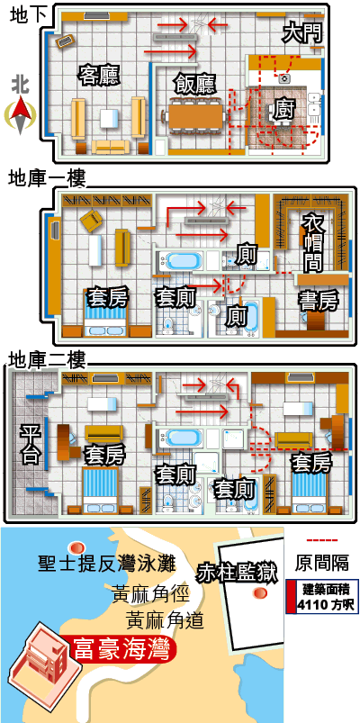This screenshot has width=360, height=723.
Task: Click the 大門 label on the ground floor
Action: (x=301, y=33)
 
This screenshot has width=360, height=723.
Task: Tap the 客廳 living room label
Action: (x=99, y=76)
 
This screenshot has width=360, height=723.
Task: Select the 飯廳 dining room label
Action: (x=195, y=84)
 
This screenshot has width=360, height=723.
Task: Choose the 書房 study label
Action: (x=319, y=301)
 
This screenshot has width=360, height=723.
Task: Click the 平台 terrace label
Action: (x=30, y=444)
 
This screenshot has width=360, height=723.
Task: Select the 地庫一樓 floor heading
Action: (x=47, y=178)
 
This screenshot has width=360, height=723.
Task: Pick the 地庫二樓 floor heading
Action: (x=47, y=359)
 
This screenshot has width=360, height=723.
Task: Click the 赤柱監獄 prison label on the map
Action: (x=238, y=574)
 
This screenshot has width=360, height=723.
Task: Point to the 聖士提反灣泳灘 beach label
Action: (x=107, y=564)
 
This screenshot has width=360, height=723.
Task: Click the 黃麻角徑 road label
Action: (x=150, y=593)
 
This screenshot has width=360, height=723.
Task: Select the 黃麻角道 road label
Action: (x=165, y=619)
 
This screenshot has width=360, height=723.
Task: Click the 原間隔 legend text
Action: (x=321, y=563)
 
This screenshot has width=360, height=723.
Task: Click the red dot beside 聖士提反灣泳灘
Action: (x=76, y=547)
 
